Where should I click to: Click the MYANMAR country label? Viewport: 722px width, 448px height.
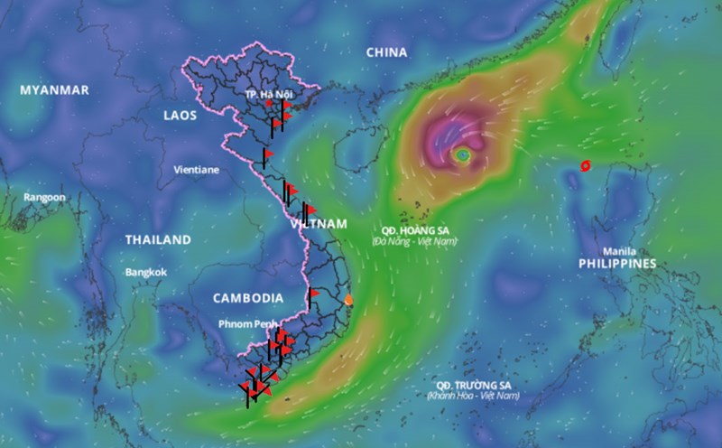click(x=54, y=90)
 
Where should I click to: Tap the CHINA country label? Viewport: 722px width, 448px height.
click(x=387, y=52)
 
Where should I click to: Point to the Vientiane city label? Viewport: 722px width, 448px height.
click(x=196, y=169)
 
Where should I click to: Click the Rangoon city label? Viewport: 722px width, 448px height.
click(x=44, y=197)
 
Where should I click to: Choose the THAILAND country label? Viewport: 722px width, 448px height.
click(x=158, y=240)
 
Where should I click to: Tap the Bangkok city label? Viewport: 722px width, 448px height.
click(x=146, y=272)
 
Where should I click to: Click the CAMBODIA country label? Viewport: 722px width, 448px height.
click(x=248, y=298)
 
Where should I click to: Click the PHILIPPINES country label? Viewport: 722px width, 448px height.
click(x=617, y=264)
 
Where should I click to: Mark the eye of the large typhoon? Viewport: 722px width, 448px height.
click(x=463, y=155)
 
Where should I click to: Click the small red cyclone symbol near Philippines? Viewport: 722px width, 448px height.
click(x=586, y=165)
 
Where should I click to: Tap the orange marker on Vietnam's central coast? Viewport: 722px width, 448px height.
click(x=349, y=300)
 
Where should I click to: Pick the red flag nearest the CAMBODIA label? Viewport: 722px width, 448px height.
click(x=315, y=294)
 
